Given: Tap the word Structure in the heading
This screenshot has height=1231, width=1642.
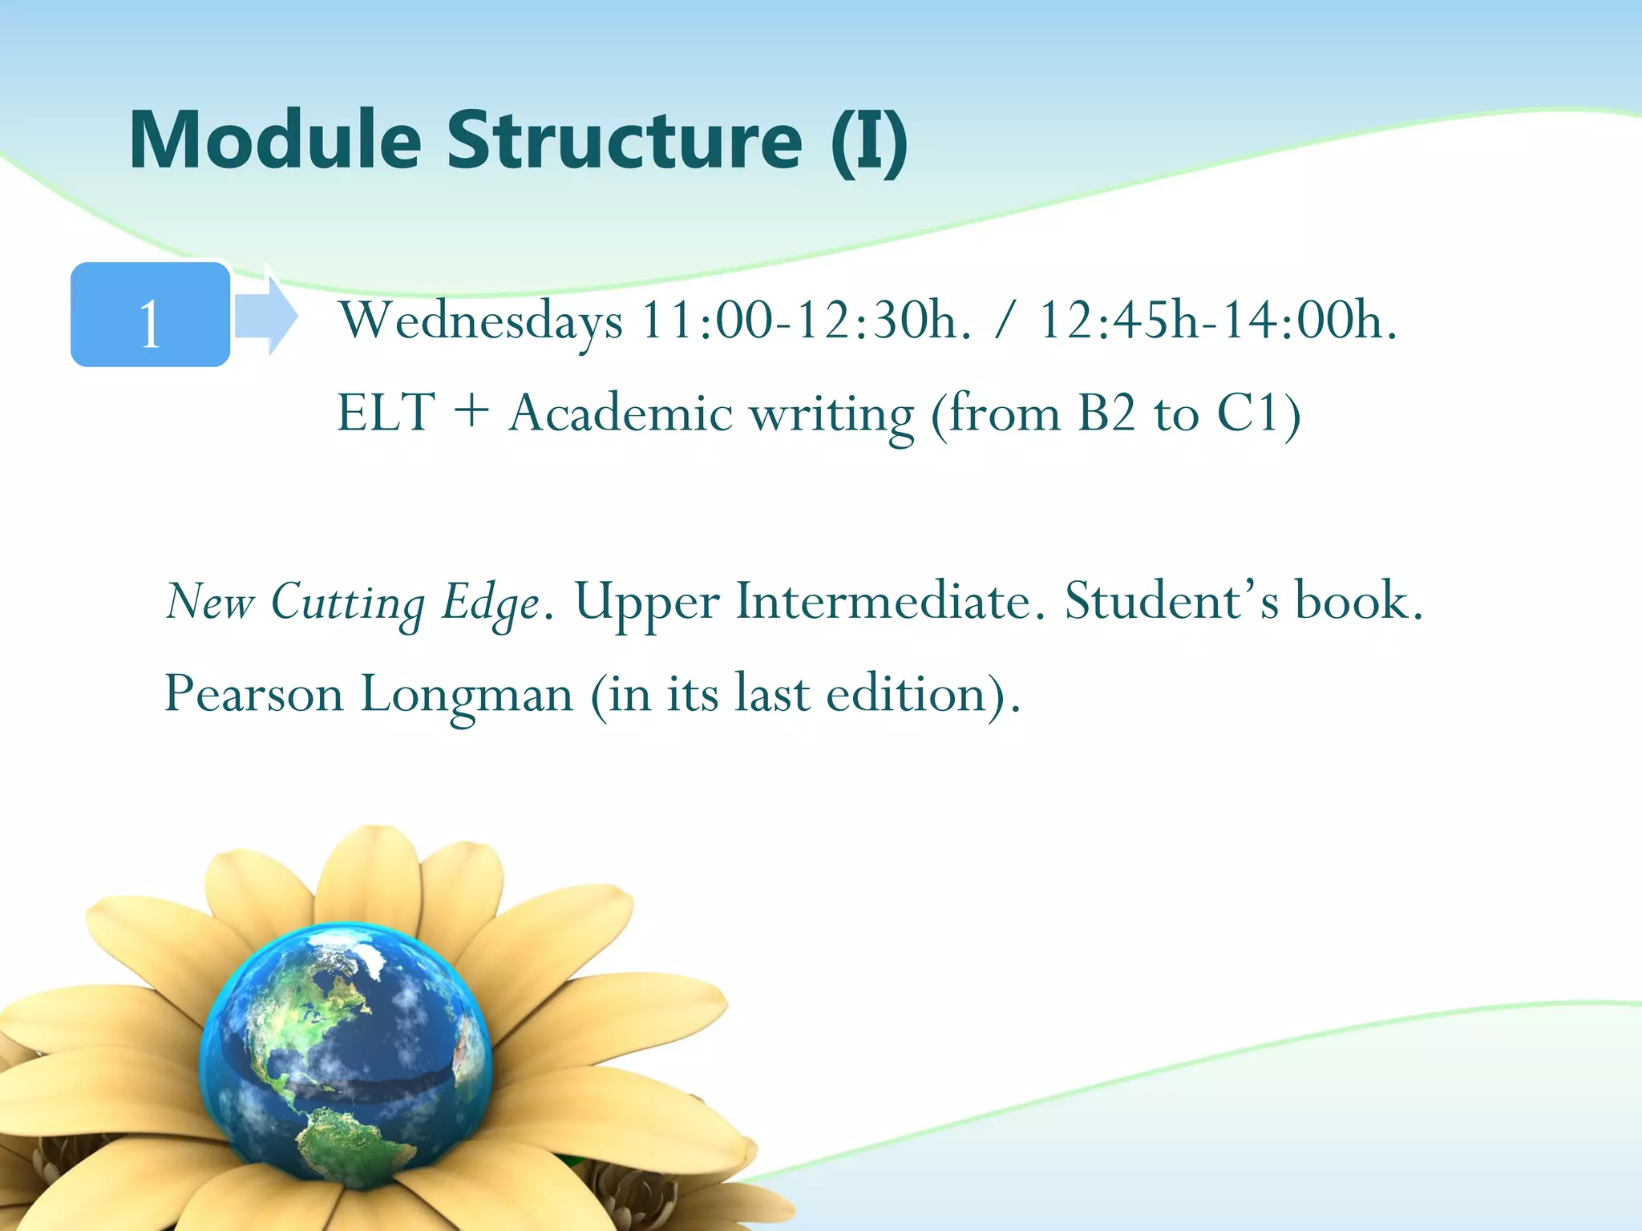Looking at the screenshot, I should point(624,140).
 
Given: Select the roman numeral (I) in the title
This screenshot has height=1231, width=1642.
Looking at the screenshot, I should point(869,142).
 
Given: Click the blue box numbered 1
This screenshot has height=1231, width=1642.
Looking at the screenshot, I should point(151,315).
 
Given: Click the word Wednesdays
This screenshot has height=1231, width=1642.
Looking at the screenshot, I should point(480,321).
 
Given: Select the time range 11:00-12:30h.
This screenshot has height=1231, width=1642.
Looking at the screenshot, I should point(805,321).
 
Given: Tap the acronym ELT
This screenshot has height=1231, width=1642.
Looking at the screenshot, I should point(386,414).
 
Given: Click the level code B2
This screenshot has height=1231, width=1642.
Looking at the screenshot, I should point(1106,414).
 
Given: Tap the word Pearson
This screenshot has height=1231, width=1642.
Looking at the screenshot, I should point(253,693).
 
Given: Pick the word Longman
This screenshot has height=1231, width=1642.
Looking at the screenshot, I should point(467,695).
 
